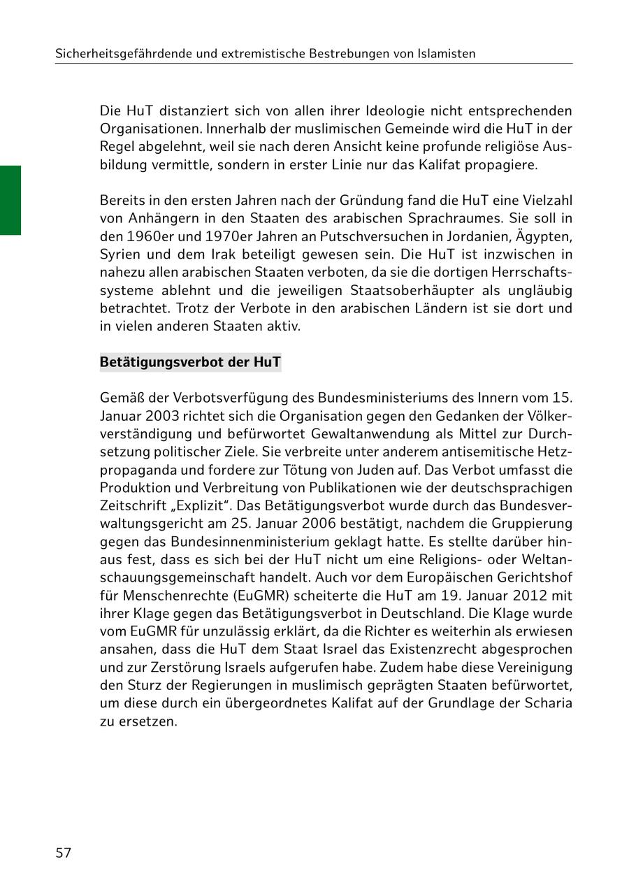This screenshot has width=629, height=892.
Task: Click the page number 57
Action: (64, 853)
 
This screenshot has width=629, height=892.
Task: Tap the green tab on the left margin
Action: (10, 200)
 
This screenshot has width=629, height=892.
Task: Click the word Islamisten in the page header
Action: (442, 53)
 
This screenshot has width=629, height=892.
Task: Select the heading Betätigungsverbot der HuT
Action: (190, 362)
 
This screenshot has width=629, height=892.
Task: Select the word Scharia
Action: (549, 703)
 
